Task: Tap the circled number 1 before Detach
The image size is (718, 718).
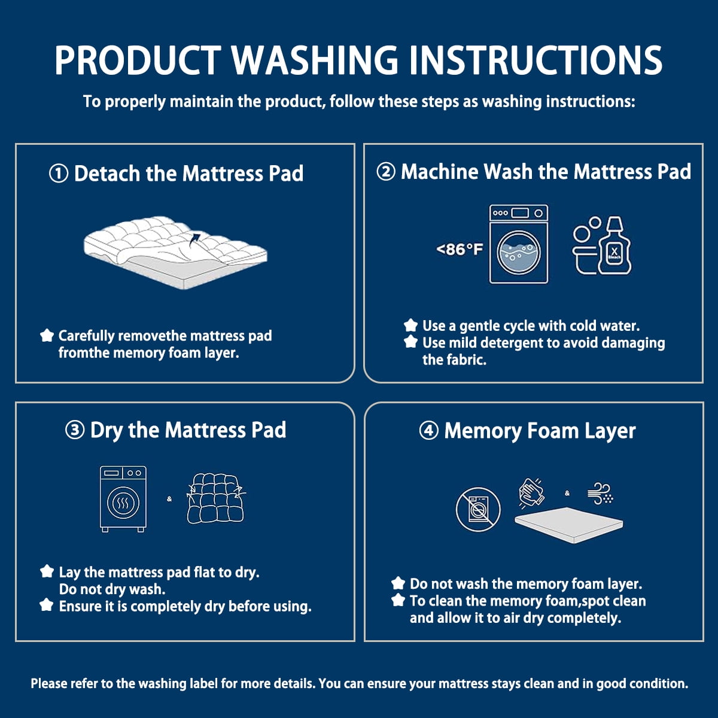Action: click(59, 174)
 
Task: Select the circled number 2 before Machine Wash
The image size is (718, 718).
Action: click(386, 172)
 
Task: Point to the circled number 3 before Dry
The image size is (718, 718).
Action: click(75, 430)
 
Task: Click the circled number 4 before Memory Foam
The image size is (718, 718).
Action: click(428, 431)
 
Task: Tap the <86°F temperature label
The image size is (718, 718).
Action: click(460, 249)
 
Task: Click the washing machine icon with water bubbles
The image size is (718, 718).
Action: click(519, 244)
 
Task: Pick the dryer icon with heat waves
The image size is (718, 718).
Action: click(123, 498)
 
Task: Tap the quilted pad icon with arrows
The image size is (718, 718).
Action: click(216, 498)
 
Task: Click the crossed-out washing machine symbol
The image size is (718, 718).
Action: click(479, 509)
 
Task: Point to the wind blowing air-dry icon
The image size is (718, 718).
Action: click(600, 493)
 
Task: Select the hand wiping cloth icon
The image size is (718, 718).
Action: click(532, 493)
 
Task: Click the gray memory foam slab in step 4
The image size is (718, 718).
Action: click(568, 525)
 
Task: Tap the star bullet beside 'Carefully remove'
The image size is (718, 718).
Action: click(47, 335)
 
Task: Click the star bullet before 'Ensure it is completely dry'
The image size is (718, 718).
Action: click(47, 605)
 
